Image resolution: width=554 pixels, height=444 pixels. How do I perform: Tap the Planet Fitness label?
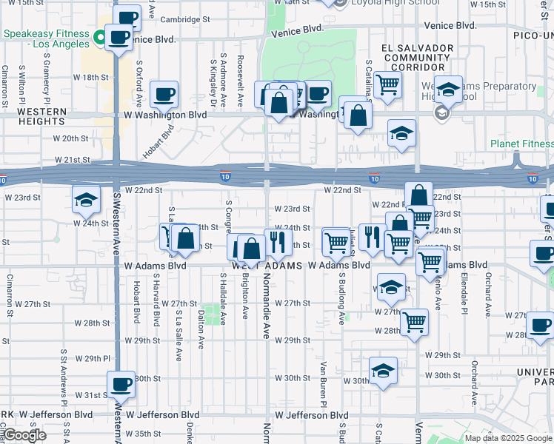click(521, 144)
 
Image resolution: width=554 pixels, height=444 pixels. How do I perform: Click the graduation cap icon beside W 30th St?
click(383, 371)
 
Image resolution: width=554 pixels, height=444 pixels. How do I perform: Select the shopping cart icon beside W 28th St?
click(415, 322)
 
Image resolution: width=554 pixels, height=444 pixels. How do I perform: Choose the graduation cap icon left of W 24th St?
click(86, 199)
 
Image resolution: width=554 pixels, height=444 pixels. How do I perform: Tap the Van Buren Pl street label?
click(324, 383)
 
